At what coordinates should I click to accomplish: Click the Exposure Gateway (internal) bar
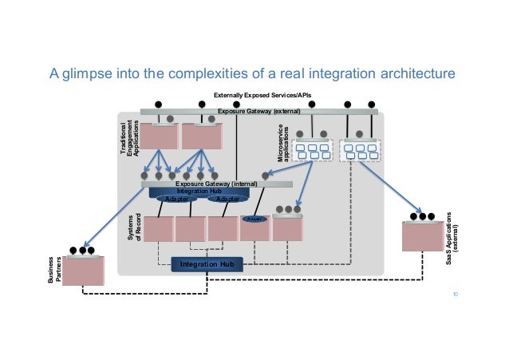coord(217,184)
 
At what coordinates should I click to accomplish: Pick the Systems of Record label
coord(133,228)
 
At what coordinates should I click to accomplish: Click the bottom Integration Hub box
coord(206,264)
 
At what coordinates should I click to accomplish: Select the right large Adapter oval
coord(227,200)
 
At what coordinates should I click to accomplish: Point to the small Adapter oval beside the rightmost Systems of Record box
coord(254,219)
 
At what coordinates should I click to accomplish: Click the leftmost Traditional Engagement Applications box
coord(158,136)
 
